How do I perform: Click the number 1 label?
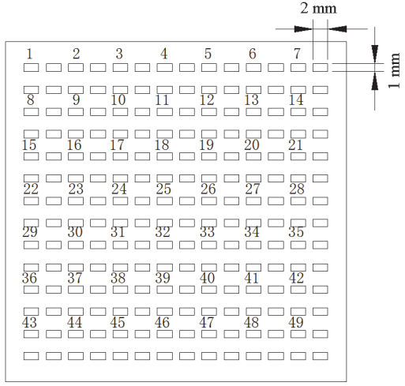tap(29, 54)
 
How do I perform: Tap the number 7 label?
tap(297, 54)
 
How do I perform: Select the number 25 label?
tap(163, 189)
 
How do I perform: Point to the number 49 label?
tap(296, 322)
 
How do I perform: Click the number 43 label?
tap(29, 322)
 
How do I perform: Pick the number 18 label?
tap(162, 145)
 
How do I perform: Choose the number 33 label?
tap(207, 232)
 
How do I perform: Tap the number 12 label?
tap(207, 100)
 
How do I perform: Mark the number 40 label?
tap(207, 278)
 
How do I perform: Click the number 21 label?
tap(295, 145)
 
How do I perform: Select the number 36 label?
tap(29, 278)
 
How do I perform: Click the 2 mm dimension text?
tap(318, 9)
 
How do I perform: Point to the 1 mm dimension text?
tap(394, 70)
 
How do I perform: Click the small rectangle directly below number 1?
tap(31, 68)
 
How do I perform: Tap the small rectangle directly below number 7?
tap(298, 68)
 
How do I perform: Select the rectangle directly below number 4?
tap(165, 68)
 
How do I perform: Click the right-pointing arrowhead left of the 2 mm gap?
tap(303, 29)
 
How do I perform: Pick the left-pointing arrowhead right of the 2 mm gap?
tap(337, 29)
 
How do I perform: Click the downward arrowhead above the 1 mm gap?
tap(375, 54)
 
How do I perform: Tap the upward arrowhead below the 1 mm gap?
tap(375, 81)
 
